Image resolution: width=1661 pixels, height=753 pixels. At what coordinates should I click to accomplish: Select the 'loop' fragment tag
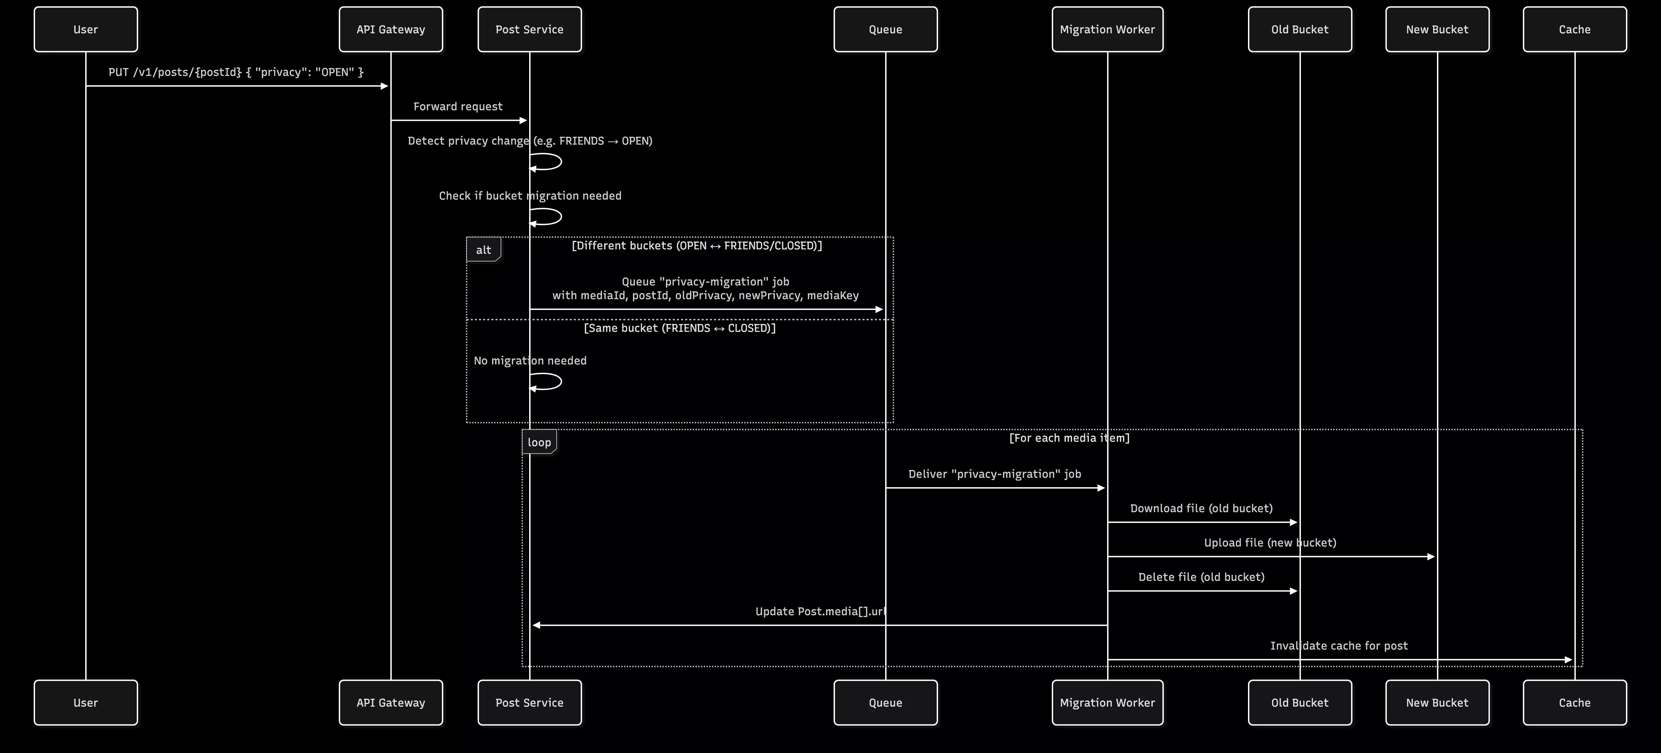pyautogui.click(x=539, y=442)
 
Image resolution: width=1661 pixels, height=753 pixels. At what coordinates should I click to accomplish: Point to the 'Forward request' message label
pyautogui.click(x=458, y=106)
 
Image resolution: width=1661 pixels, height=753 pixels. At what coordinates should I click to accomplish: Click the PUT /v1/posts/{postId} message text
pyautogui.click(x=236, y=72)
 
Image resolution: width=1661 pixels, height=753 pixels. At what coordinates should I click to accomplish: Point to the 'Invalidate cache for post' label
pyautogui.click(x=1339, y=646)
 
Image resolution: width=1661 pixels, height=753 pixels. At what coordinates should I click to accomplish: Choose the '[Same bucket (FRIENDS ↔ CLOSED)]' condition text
pyautogui.click(x=680, y=328)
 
